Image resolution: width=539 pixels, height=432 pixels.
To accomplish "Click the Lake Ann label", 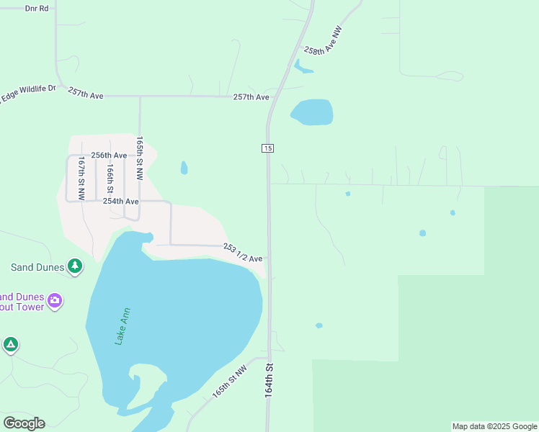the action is [x=124, y=327].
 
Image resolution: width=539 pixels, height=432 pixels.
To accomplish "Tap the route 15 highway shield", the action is [x=267, y=148].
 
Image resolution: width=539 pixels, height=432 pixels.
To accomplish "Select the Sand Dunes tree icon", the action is [x=75, y=267].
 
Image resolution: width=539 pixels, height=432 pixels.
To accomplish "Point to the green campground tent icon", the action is [x=10, y=345].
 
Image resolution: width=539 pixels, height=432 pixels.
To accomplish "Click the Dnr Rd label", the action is [x=36, y=8].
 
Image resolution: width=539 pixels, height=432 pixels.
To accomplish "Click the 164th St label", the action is [x=269, y=380].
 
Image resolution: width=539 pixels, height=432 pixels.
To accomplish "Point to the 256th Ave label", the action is [x=109, y=155].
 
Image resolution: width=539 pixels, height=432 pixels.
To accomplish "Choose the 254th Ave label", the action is [x=120, y=202].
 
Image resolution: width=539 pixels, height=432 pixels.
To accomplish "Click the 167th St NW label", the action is [x=82, y=178].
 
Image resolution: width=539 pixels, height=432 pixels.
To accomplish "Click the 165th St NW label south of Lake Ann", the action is [x=229, y=382].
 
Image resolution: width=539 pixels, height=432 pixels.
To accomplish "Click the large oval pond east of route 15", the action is [x=312, y=112].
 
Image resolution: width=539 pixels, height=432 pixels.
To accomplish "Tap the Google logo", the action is [x=24, y=423].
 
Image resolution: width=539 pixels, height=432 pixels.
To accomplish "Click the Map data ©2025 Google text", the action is [x=494, y=426].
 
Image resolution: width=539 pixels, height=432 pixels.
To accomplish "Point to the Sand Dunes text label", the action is [x=37, y=267].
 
